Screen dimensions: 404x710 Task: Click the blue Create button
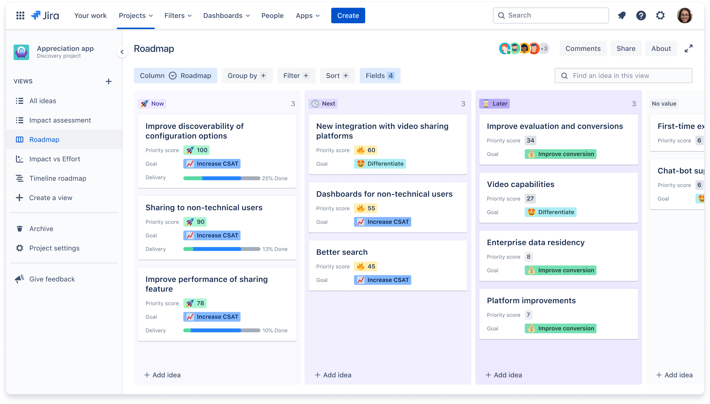[x=348, y=16]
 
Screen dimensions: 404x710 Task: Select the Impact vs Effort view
[x=55, y=159]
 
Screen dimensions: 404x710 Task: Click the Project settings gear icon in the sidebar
[x=19, y=248]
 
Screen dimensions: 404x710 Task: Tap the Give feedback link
[x=52, y=279]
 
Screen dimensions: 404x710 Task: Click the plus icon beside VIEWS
[x=109, y=81]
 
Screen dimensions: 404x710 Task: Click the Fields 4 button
[x=380, y=76]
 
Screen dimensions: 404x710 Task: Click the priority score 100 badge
[x=196, y=150]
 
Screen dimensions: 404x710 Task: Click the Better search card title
[x=342, y=252]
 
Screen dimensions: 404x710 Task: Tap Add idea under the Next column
[x=333, y=375]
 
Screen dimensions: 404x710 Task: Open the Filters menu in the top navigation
[x=178, y=16]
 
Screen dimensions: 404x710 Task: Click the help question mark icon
[x=641, y=16]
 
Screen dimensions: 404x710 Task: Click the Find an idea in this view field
[x=623, y=76]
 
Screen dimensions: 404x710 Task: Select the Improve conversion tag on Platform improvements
[x=561, y=328]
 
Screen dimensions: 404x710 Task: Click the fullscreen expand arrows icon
[x=688, y=48]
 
